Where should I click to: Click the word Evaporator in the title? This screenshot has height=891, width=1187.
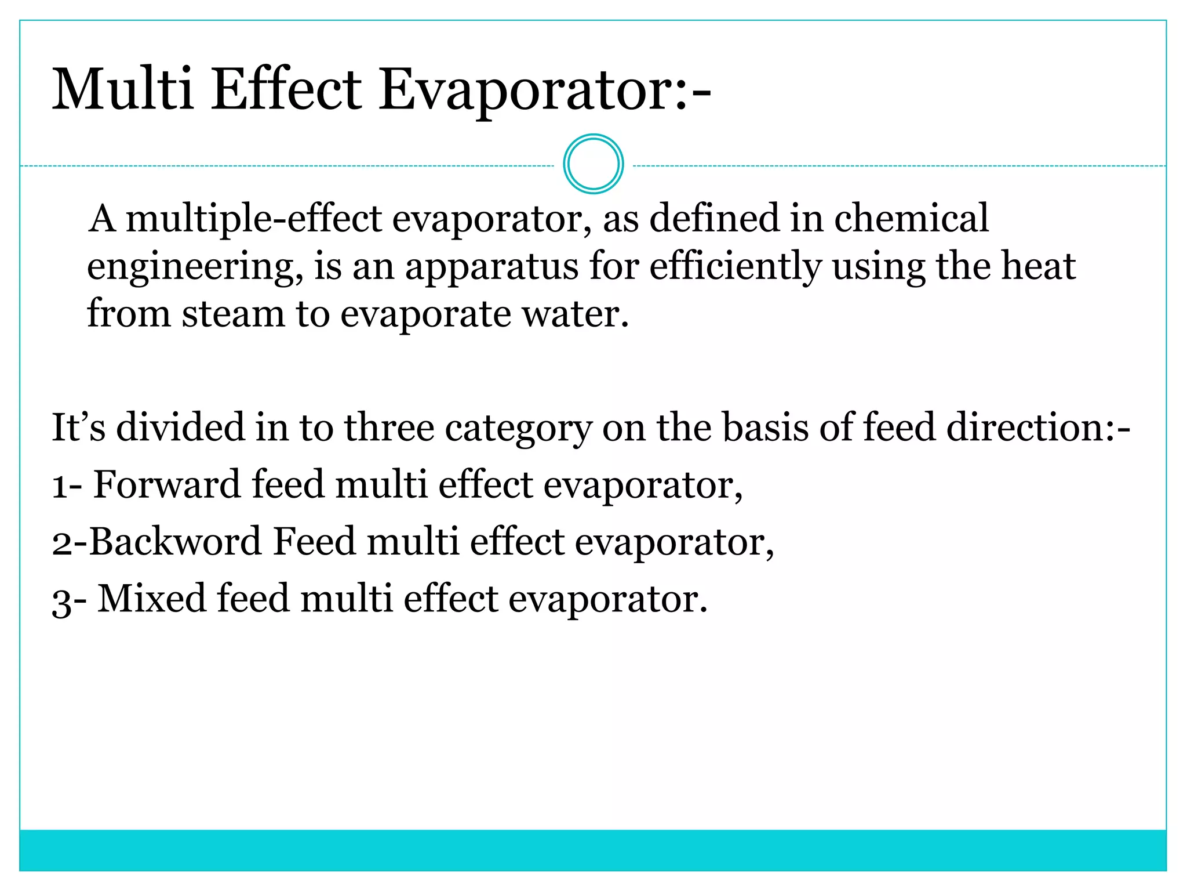click(x=533, y=90)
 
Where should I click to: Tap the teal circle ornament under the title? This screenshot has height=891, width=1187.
click(x=593, y=164)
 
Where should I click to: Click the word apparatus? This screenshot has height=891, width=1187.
click(x=491, y=267)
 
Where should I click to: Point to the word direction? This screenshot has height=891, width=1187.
click(x=1032, y=428)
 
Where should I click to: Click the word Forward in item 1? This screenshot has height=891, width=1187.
click(x=166, y=484)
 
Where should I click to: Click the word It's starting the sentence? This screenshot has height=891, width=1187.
click(x=78, y=428)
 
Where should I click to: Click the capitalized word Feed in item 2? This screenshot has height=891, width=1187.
click(x=314, y=541)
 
